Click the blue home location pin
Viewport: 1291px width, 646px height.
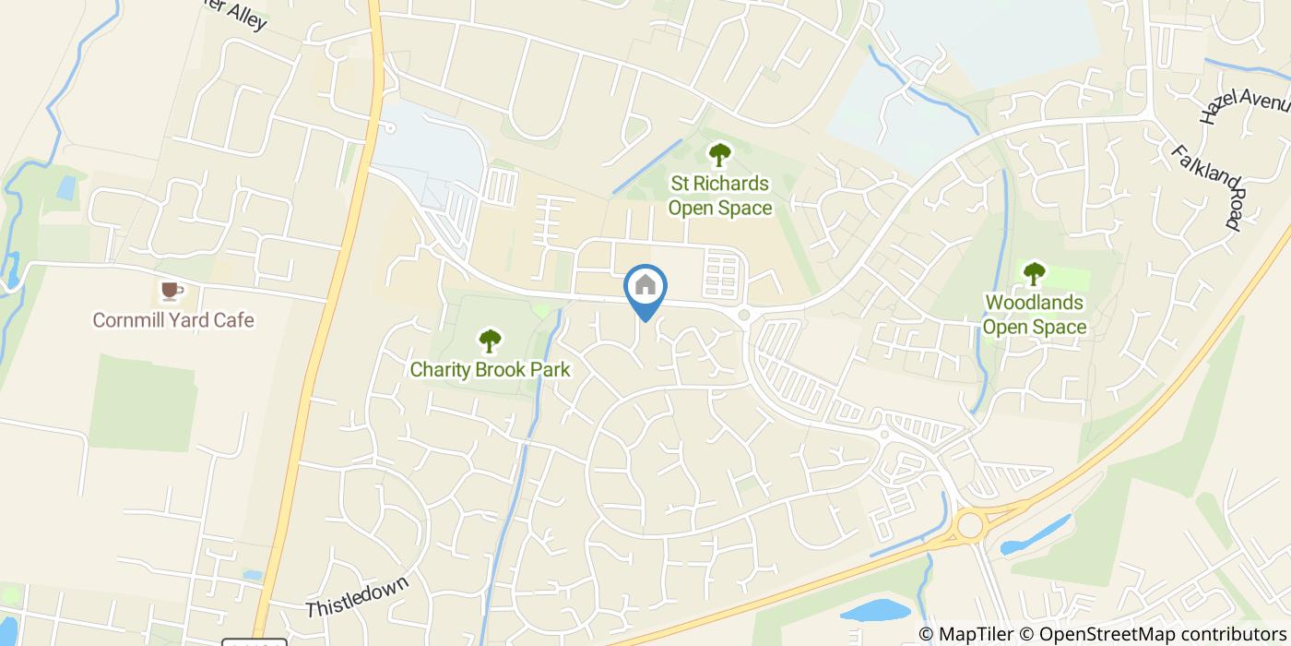point(645,287)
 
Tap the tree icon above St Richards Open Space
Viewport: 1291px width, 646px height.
point(718,155)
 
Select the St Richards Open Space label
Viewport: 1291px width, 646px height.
point(719,196)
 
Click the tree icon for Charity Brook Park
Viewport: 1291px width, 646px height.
point(490,341)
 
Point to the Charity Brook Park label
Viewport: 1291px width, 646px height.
point(490,370)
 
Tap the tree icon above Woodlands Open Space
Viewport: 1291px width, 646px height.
point(1034,273)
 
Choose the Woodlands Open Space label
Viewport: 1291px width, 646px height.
point(1034,315)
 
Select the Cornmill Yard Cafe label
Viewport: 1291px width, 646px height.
point(172,320)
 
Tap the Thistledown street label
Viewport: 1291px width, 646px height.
point(356,596)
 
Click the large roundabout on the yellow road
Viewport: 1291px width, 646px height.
point(969,526)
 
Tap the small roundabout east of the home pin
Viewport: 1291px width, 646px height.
point(743,316)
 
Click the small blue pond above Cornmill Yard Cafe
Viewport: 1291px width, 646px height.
point(65,186)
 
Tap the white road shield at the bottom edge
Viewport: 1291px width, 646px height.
point(254,642)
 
